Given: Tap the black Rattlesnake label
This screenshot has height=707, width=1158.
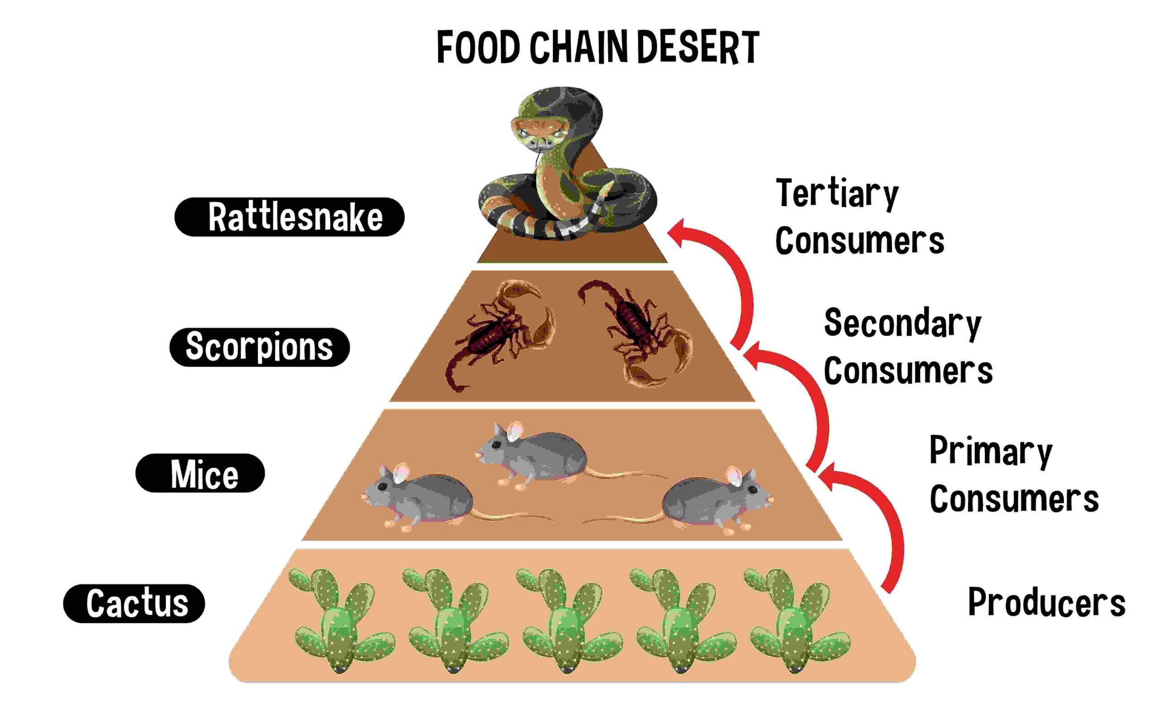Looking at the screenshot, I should [289, 217].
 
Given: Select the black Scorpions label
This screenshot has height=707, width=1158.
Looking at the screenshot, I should [260, 347].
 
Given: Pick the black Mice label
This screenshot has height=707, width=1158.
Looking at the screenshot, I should [200, 473].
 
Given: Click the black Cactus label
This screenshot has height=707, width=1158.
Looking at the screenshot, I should [134, 603].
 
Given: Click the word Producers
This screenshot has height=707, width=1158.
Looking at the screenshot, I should [1046, 602].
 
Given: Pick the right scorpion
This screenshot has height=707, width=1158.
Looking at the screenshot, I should [637, 331].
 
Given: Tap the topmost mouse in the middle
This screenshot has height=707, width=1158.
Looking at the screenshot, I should [536, 453].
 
